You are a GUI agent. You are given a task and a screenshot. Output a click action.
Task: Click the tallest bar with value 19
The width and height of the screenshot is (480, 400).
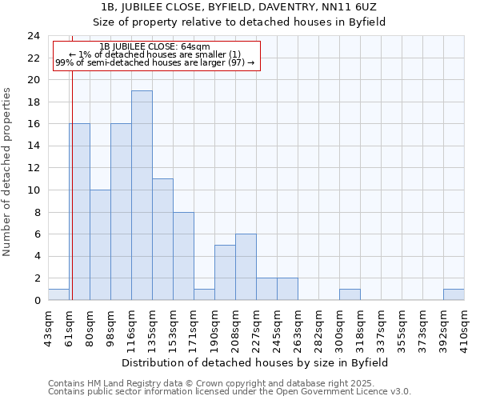point(142,195)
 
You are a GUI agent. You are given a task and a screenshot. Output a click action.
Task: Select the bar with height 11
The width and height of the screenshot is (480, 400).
point(162,239)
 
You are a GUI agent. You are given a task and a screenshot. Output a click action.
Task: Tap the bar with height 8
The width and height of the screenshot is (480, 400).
point(183,256)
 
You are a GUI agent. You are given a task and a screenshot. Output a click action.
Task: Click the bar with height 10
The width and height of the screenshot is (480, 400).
point(100,245)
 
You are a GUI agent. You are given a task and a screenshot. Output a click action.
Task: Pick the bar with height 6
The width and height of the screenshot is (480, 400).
point(246,267)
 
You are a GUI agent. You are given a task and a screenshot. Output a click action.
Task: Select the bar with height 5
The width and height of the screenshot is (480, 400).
point(225,273)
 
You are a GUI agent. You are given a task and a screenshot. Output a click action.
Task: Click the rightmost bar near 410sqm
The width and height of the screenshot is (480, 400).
point(454,294)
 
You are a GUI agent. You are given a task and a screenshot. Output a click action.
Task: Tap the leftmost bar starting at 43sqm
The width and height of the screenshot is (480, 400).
point(58,294)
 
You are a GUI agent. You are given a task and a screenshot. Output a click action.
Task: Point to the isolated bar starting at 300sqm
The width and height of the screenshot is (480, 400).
point(350,294)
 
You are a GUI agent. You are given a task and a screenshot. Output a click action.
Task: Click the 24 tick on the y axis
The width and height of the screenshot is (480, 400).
point(34,36)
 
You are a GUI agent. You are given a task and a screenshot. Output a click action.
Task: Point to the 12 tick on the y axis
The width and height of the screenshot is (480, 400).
point(34,168)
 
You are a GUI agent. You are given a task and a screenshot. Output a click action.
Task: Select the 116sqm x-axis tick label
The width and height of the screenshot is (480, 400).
point(132,326)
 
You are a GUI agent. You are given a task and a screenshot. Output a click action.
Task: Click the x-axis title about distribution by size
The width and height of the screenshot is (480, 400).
point(256,362)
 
